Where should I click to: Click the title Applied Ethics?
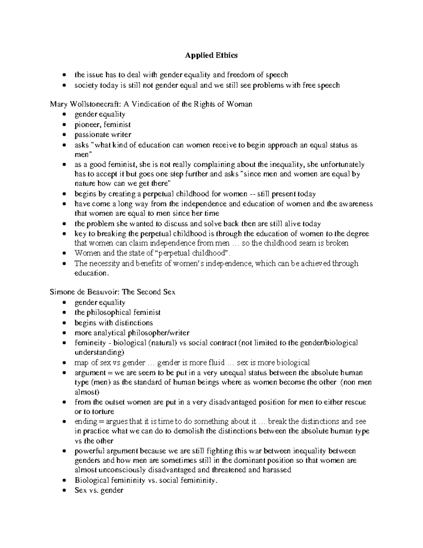[211, 55]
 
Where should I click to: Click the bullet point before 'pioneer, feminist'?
[63, 125]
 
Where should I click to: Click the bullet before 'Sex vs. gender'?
[63, 490]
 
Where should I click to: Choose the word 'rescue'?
[355, 402]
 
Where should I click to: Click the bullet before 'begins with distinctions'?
[63, 323]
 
